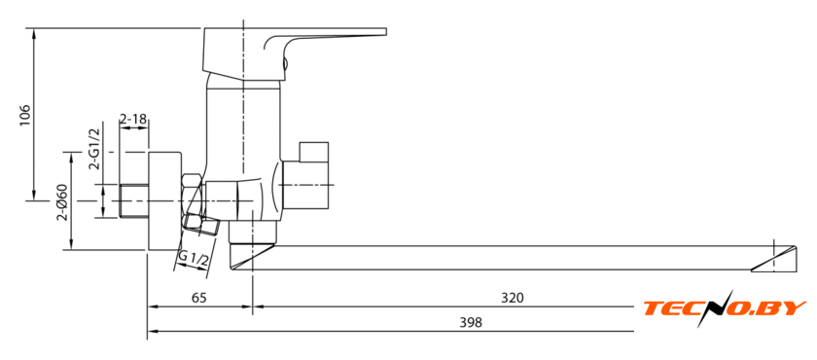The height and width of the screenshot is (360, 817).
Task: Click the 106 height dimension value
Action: (25, 115)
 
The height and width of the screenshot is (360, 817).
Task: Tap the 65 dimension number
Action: (199, 298)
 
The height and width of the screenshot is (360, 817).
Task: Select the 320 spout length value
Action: (513, 298)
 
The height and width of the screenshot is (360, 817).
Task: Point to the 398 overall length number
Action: (471, 322)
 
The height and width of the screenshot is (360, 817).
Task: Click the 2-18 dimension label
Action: (133, 120)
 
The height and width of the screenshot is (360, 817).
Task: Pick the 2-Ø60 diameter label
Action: (62, 203)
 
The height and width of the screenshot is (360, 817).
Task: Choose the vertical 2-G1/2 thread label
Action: (94, 150)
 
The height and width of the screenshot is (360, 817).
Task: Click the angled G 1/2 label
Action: (194, 259)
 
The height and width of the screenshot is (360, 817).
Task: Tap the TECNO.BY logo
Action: (725, 308)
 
